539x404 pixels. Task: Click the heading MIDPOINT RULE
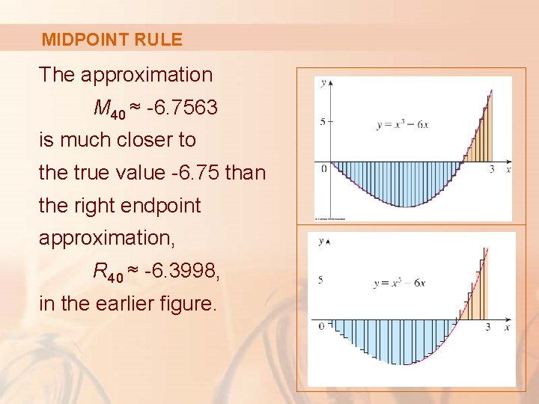point(112,40)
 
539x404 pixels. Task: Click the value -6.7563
point(182,108)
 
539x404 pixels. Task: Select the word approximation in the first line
point(147,75)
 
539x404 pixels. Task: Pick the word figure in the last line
point(188,304)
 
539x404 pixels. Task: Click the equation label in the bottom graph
point(399,284)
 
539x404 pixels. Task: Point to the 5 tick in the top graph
point(322,121)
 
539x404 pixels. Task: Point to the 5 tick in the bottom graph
point(320,280)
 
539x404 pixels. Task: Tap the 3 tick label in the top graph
point(492,170)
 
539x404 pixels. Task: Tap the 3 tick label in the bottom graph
point(487,328)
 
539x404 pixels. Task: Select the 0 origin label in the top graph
point(324,169)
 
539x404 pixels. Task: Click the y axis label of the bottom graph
point(321,241)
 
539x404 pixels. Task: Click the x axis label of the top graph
point(508,170)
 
